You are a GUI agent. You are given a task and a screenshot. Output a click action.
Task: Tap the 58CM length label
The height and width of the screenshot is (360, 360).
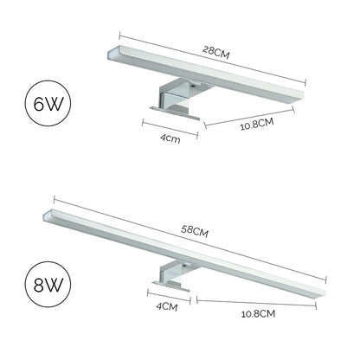[195, 231]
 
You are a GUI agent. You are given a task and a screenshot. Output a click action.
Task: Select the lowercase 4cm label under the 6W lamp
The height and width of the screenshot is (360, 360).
[170, 138]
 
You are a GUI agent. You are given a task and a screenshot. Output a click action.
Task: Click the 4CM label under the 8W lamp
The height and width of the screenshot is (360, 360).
[167, 306]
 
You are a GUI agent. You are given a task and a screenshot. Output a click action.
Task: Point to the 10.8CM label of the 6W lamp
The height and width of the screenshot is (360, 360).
[257, 124]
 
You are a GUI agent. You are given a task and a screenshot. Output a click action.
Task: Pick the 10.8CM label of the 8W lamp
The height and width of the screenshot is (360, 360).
[258, 313]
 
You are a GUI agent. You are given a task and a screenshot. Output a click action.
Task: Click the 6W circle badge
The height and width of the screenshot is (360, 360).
[48, 104]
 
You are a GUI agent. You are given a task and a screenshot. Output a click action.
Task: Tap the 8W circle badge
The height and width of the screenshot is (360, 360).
[48, 285]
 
